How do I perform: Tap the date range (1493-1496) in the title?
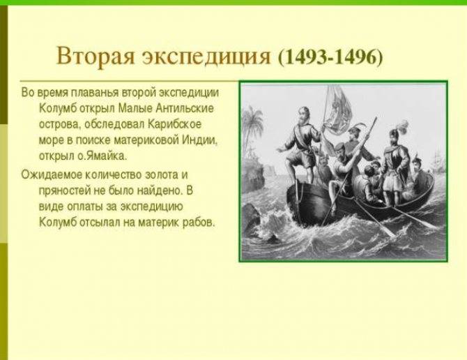(x=330, y=56)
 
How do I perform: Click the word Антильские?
(x=185, y=107)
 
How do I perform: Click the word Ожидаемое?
(x=52, y=174)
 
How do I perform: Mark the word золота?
(x=161, y=174)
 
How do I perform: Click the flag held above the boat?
(x=337, y=110)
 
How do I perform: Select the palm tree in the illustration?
(x=253, y=125)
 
